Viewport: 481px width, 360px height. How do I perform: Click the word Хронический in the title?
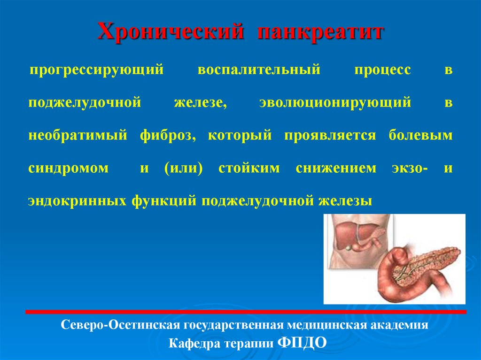[x=171, y=31]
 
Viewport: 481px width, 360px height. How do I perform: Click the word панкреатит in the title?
[x=320, y=31]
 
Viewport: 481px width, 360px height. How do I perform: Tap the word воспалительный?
[x=259, y=69]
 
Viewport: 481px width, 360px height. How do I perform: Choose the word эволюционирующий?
[x=335, y=103]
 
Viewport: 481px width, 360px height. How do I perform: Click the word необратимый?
[x=78, y=135]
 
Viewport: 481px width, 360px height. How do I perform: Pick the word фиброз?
[x=168, y=135]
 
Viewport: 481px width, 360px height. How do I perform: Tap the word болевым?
[x=420, y=135]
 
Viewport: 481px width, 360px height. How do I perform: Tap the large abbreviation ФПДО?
[x=302, y=343]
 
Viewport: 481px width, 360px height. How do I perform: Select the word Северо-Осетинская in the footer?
[x=120, y=325]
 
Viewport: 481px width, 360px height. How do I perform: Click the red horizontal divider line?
[x=246, y=312]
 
